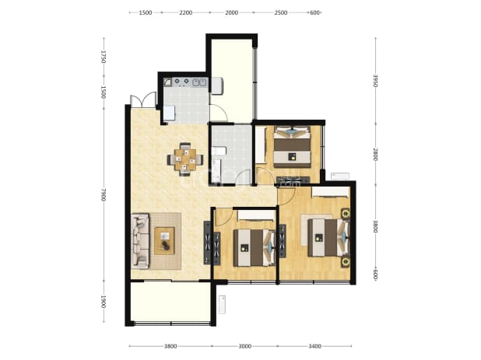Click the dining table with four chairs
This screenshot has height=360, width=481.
[185, 159]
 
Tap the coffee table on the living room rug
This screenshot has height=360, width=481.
[164, 241]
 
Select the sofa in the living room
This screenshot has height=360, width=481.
[140, 241]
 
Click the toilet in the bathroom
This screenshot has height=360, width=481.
[219, 151]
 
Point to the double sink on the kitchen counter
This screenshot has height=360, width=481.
[199, 82]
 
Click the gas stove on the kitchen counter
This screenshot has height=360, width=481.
[181, 82]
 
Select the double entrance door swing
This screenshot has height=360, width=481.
[143, 100]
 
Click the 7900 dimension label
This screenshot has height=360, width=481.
[104, 194]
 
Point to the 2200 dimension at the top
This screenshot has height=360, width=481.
[186, 12]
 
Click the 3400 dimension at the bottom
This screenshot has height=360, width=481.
[314, 346]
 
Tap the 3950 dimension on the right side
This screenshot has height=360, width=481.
[375, 81]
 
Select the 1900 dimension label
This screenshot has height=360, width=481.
[104, 302]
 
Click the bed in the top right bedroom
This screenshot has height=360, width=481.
[292, 147]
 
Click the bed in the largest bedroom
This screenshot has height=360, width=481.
[328, 237]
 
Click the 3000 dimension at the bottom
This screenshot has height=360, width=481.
[245, 346]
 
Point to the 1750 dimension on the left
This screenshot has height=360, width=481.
[104, 57]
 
